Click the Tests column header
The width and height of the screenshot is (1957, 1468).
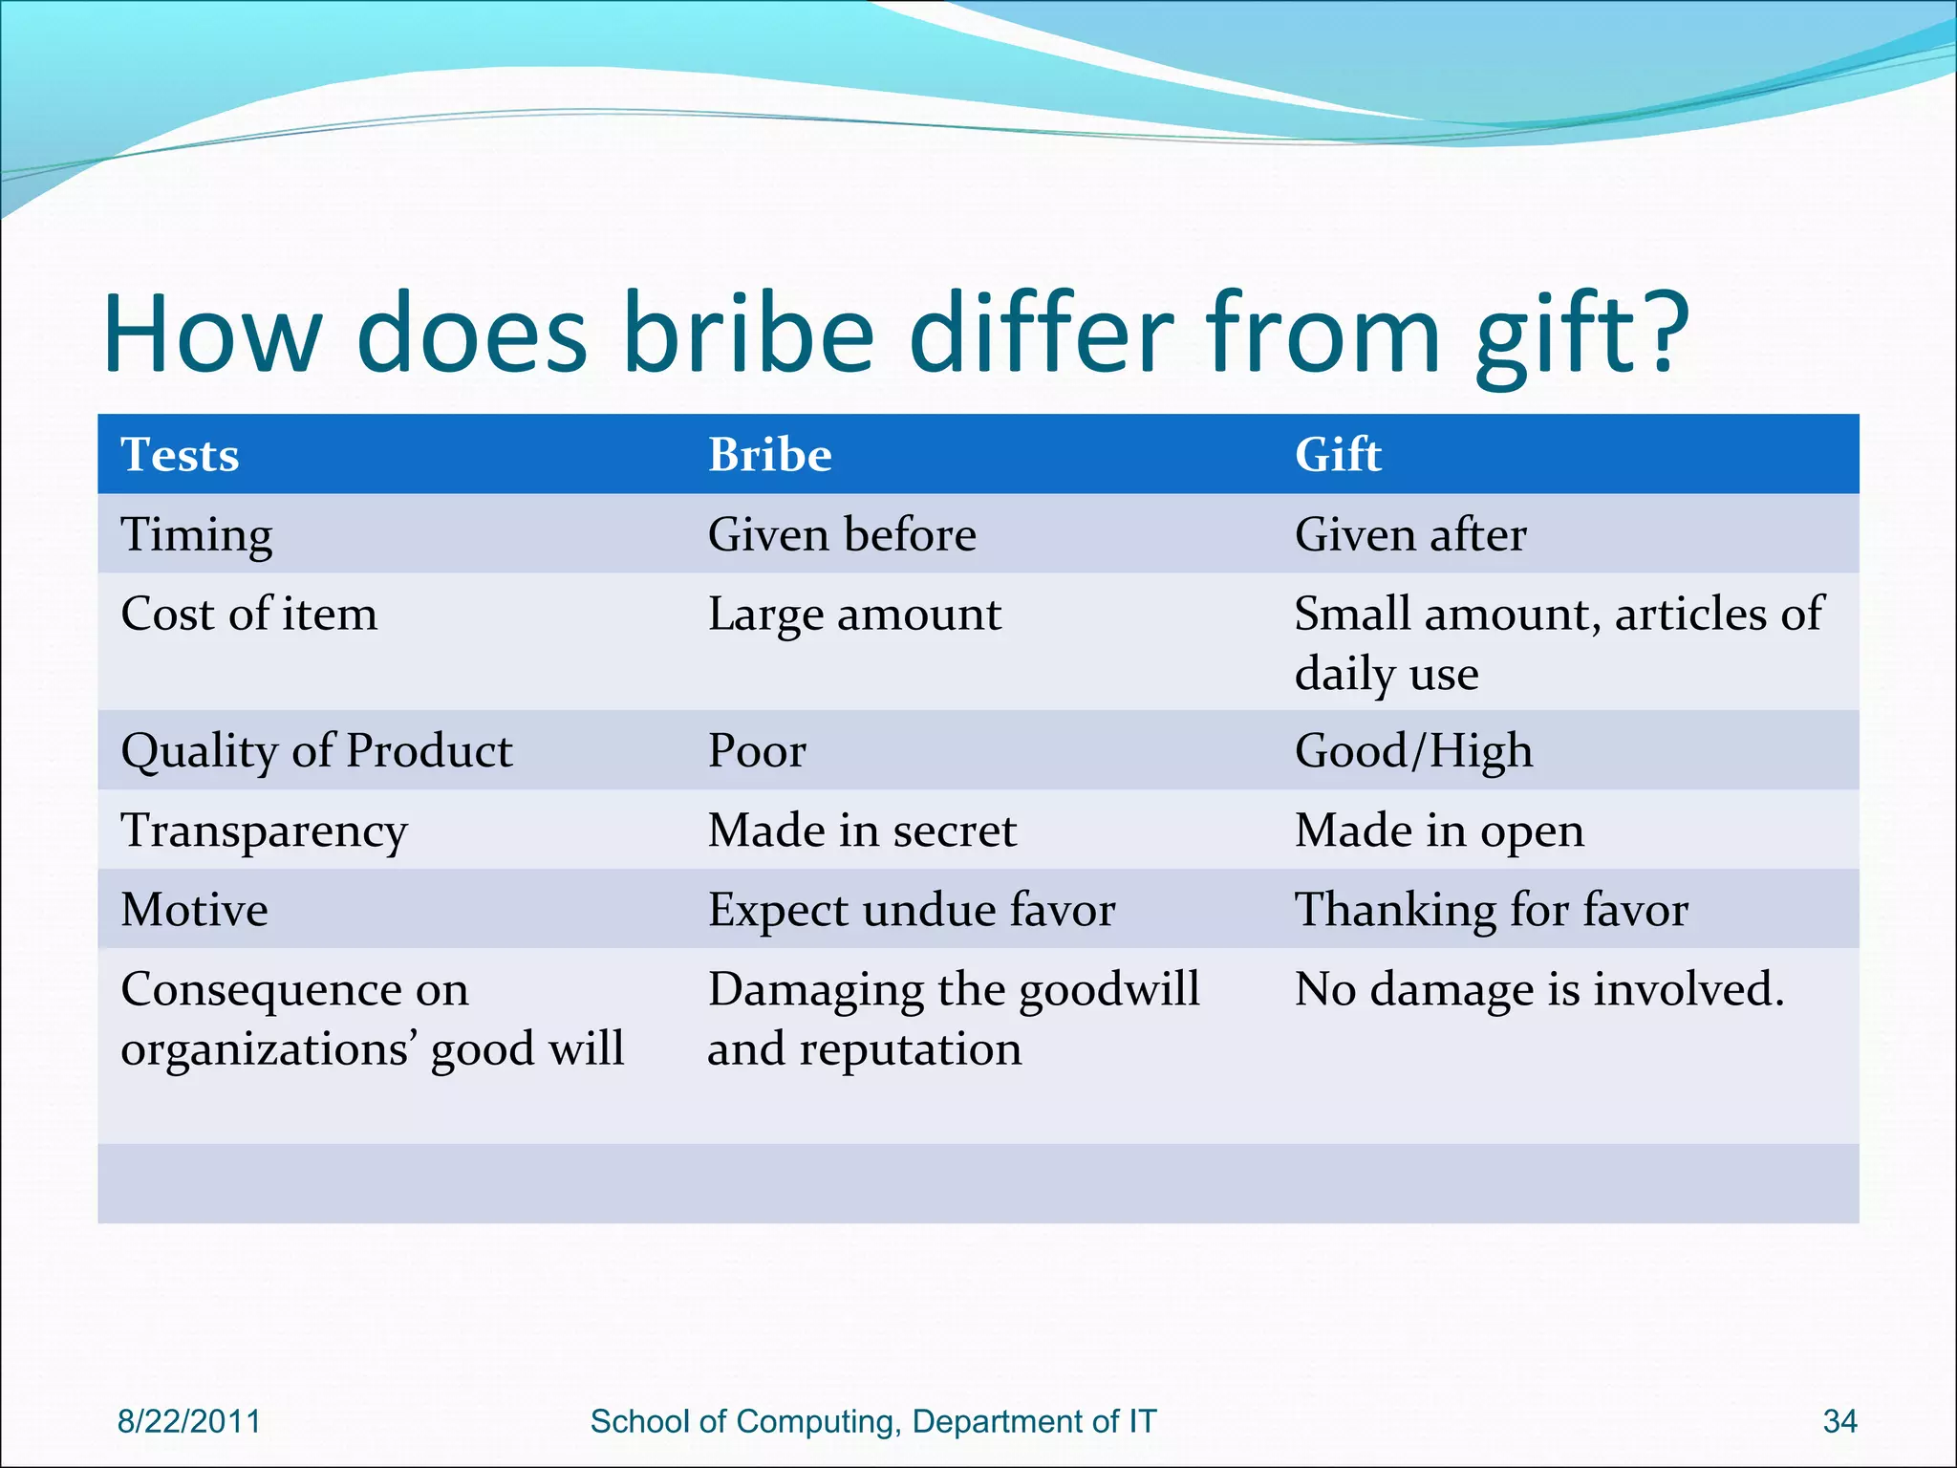(x=180, y=455)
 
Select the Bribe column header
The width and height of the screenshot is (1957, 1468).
(x=769, y=455)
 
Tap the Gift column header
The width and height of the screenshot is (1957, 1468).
(x=1337, y=455)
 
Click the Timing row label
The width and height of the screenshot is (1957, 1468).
(x=196, y=535)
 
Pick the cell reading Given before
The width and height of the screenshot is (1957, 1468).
(x=841, y=534)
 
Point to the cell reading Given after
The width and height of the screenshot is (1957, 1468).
(x=1409, y=534)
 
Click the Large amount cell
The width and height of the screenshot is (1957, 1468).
(x=854, y=615)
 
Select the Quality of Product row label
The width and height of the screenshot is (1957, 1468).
(x=316, y=751)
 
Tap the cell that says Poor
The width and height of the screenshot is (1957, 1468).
(x=757, y=751)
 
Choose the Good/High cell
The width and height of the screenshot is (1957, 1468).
(x=1413, y=751)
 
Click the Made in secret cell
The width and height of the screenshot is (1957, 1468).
(x=862, y=831)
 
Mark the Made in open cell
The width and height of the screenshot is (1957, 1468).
(x=1438, y=831)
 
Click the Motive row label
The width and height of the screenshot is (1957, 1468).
(x=194, y=910)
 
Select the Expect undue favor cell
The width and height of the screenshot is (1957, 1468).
(x=911, y=910)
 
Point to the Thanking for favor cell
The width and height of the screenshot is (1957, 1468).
(x=1491, y=910)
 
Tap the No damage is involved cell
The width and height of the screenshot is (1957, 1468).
(x=1538, y=989)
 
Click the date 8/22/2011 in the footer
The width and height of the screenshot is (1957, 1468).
(x=188, y=1421)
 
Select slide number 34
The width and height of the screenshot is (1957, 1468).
(x=1839, y=1421)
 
